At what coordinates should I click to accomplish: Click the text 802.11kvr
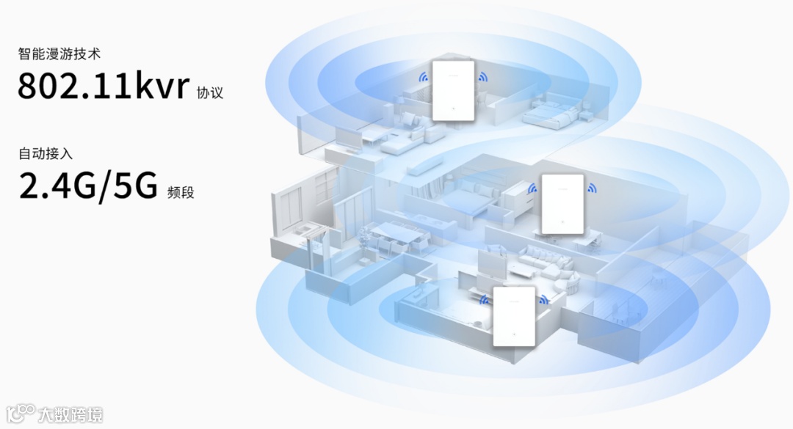pos(104,86)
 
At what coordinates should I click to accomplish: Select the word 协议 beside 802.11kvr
pos(209,93)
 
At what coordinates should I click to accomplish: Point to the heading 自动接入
pos(46,154)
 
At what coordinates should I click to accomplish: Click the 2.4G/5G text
pos(88,186)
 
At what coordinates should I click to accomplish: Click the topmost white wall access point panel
pos(453,90)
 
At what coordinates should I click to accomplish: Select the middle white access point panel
pos(562,204)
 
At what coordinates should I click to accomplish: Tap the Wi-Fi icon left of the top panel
pos(423,76)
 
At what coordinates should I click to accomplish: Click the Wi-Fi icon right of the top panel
pos(482,76)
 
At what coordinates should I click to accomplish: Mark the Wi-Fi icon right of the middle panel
pos(592,189)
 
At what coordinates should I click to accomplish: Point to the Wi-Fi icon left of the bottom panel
pos(484,299)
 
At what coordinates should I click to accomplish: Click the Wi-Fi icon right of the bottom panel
pos(544,299)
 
